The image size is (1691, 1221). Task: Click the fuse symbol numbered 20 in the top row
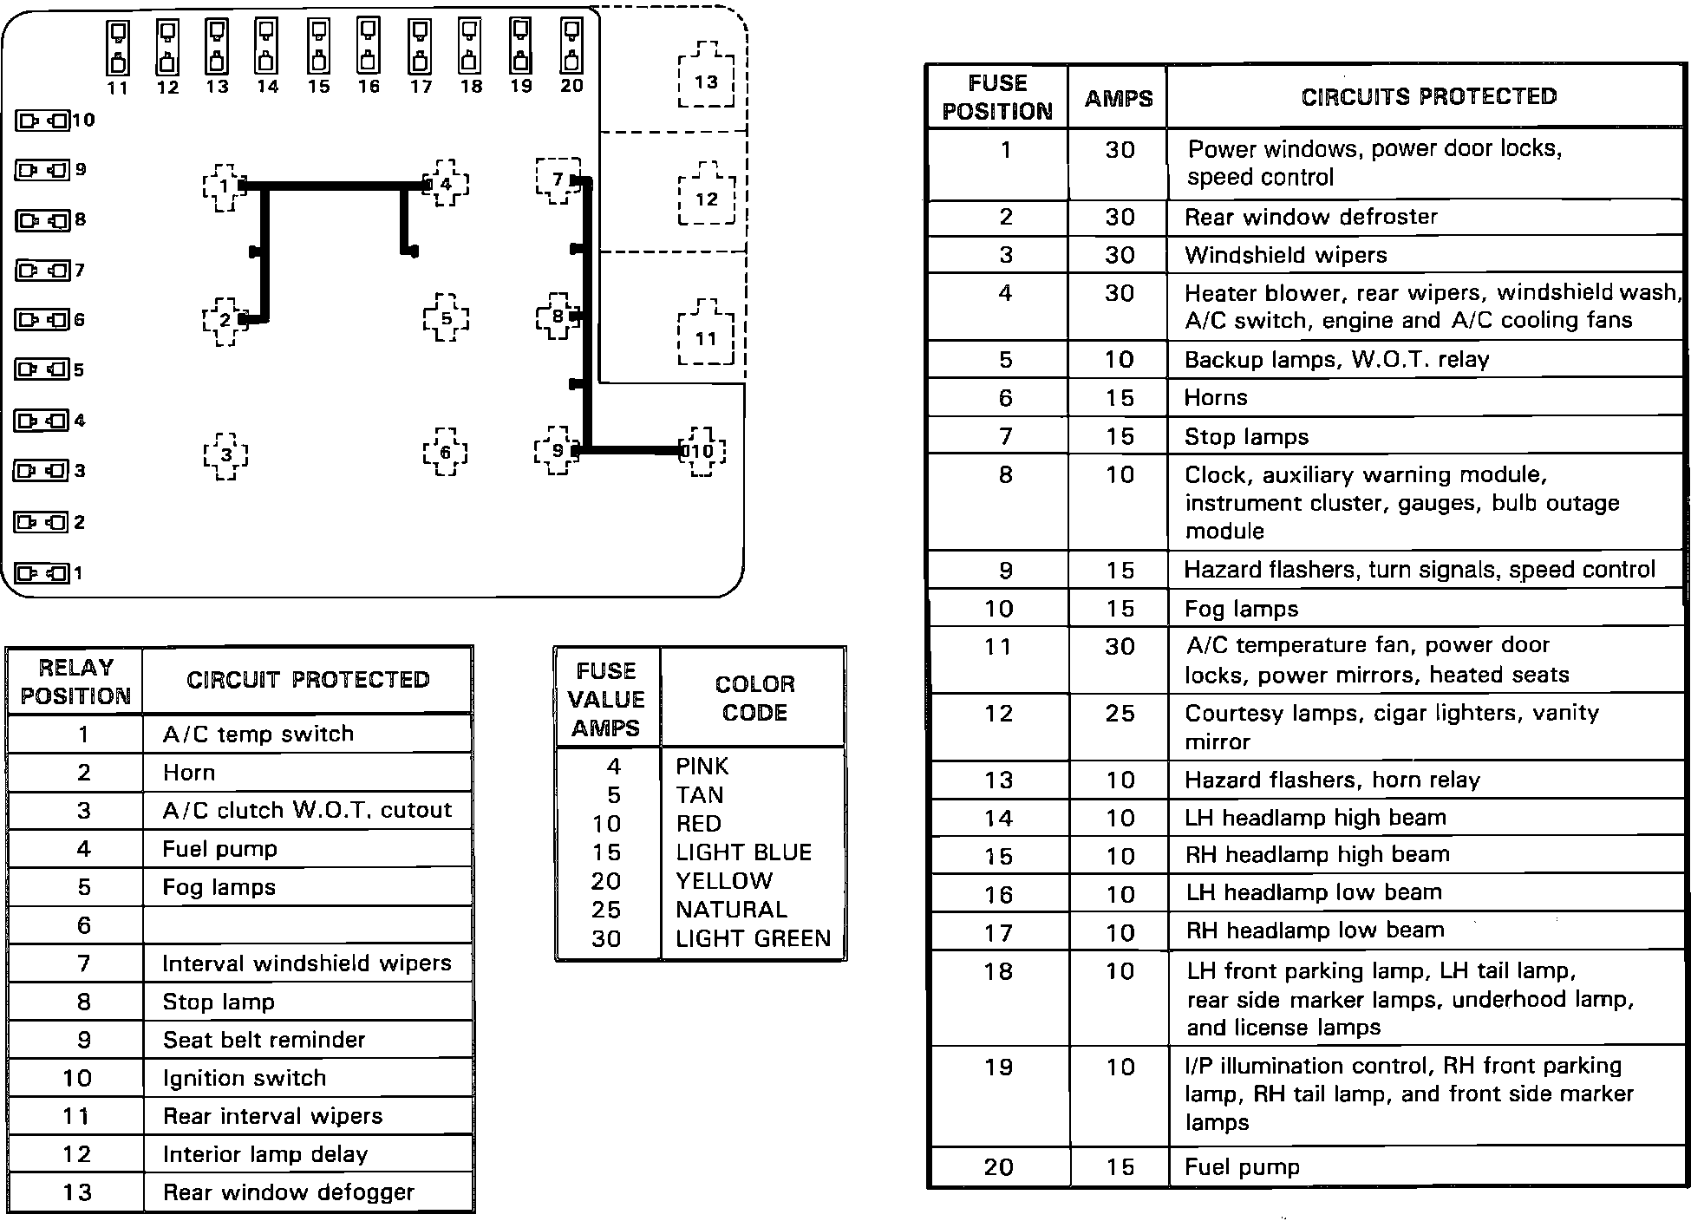point(571,47)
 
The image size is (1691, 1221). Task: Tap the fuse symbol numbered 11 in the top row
point(118,47)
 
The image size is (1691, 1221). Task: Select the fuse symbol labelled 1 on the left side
point(42,573)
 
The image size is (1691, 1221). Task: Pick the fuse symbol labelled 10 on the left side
point(42,121)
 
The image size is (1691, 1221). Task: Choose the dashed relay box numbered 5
point(446,318)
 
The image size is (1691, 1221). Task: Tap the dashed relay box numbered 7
point(558,180)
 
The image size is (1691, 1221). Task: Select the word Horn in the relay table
point(189,773)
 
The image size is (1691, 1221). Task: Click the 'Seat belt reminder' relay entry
point(264,1040)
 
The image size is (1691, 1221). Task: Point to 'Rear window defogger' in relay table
point(288,1192)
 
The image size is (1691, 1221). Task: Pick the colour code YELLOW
point(724,881)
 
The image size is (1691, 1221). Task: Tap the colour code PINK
point(702,767)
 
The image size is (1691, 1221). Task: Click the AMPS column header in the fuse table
point(1119,98)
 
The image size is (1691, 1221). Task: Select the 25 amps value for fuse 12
point(1120,714)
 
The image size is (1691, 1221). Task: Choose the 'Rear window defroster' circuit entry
point(1310,217)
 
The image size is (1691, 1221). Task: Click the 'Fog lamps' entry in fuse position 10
point(1241,609)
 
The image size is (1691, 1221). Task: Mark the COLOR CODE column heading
point(754,698)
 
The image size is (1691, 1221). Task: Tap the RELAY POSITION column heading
point(75,682)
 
